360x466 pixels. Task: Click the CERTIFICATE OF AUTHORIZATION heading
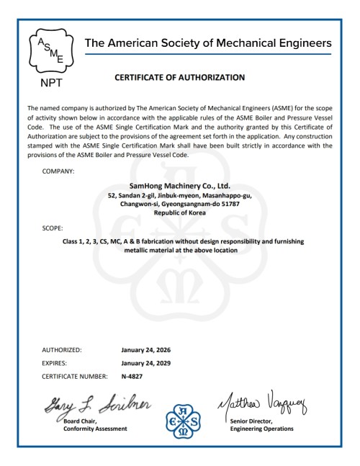179,76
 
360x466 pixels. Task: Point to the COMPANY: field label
59,171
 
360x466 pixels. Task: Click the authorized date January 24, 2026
145,350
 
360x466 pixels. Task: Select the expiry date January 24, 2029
145,363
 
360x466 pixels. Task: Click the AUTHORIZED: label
61,350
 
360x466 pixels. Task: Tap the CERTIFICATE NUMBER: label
75,376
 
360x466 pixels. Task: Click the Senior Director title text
253,421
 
